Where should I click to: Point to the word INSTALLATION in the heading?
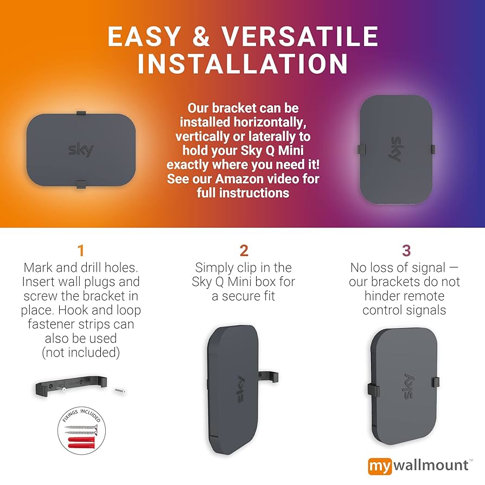pos(242,64)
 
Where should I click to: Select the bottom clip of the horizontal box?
pos(80,184)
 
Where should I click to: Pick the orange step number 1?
pos(81,251)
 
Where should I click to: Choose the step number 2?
pos(244,251)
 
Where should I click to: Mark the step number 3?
pos(406,251)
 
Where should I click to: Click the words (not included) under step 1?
pos(81,352)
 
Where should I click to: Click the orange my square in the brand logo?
pos(379,466)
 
